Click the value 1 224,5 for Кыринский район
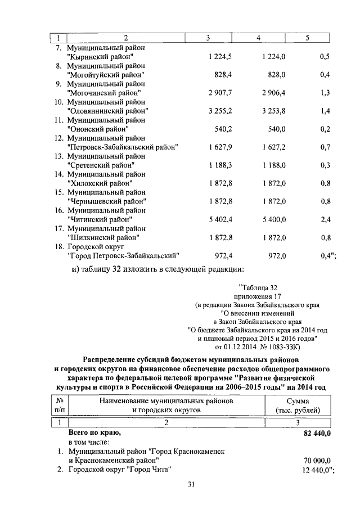(220, 57)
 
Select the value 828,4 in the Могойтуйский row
(223, 75)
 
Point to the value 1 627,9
(220, 147)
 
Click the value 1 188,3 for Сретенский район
(220, 165)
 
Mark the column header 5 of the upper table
(307, 38)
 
